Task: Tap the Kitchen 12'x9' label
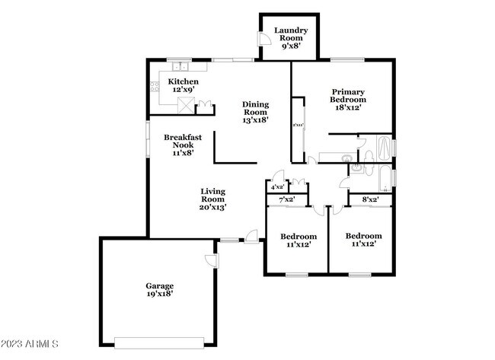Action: [x=184, y=86]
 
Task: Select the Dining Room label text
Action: [x=256, y=112]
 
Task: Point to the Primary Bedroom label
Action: [x=347, y=99]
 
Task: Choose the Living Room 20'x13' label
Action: [x=213, y=199]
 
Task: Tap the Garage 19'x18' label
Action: [x=160, y=290]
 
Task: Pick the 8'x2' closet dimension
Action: [x=371, y=199]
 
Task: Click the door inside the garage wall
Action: [x=213, y=261]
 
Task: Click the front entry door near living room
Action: [x=249, y=237]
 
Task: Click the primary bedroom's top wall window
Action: [x=347, y=59]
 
